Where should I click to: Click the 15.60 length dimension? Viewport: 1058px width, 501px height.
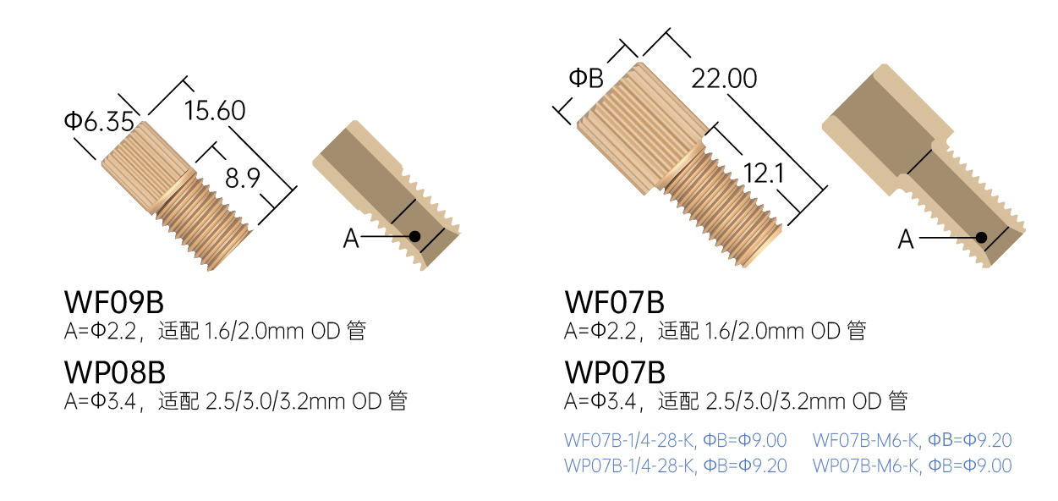[x=215, y=111]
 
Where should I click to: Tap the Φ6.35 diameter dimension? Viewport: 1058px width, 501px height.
[x=99, y=122]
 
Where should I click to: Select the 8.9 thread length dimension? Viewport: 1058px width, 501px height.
[x=243, y=179]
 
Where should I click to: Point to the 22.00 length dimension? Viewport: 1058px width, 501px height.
[x=724, y=79]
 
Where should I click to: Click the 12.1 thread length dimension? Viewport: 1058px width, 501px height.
[x=764, y=173]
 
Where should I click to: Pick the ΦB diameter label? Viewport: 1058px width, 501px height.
[x=586, y=78]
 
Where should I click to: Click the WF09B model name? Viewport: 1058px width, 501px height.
[x=114, y=302]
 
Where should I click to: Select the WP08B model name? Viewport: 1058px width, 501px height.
[x=115, y=372]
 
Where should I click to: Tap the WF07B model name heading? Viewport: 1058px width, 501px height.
[x=615, y=302]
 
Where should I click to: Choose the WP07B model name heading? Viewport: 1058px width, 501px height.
[x=615, y=372]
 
